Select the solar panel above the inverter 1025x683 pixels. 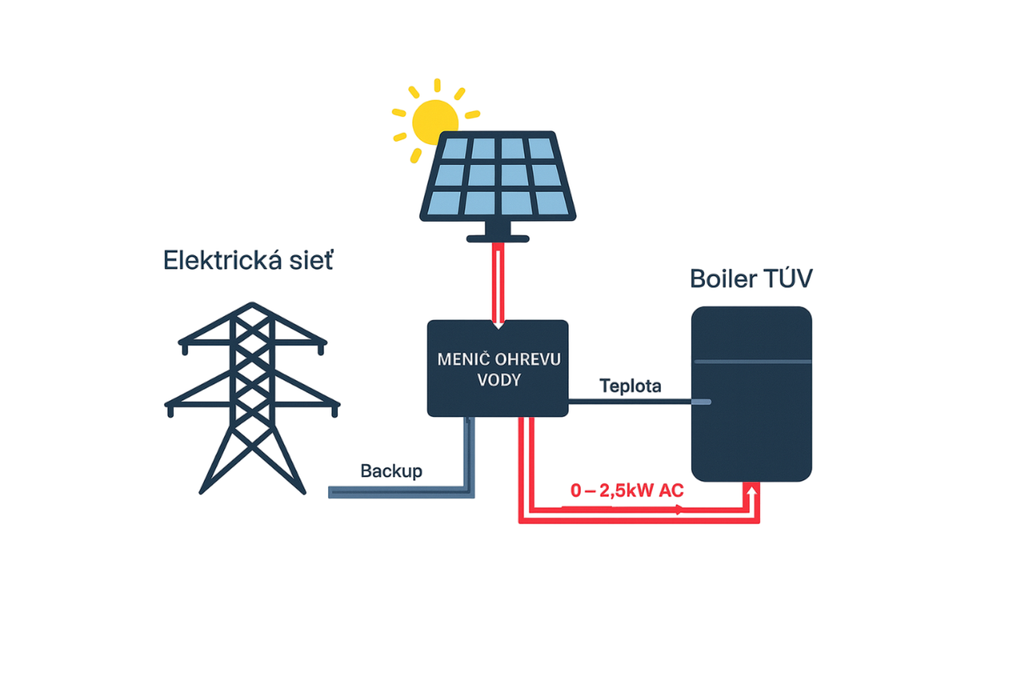point(498,178)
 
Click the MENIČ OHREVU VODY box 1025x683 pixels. point(497,368)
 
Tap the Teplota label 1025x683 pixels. point(631,387)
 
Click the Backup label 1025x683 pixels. point(391,471)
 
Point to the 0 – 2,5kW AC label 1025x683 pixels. point(627,492)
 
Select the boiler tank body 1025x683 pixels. point(752,424)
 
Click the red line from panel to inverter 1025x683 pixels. point(498,280)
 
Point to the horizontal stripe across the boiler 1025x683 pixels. point(752,362)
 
